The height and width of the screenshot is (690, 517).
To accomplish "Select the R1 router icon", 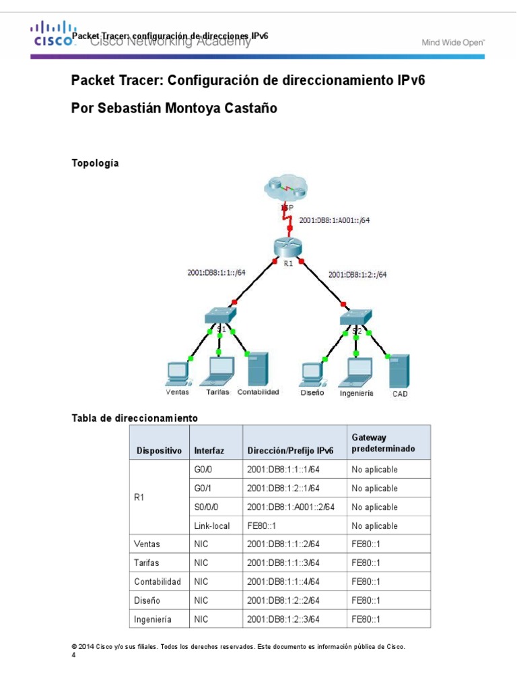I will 288,247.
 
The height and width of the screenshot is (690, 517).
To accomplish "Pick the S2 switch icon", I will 355,316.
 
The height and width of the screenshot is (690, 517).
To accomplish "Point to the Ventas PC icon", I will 176,373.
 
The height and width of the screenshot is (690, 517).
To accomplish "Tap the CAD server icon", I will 399,370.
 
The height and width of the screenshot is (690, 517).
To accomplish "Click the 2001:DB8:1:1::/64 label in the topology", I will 216,272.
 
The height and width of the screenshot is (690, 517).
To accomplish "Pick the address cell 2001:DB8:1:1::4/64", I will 283,582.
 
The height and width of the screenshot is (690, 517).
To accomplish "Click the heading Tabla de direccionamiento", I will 135,418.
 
